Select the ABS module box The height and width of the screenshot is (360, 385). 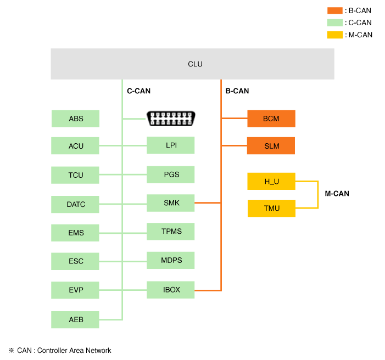[76, 119]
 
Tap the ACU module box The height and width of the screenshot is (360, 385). [76, 146]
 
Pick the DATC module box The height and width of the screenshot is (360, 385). [76, 204]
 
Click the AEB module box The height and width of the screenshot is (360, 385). [76, 319]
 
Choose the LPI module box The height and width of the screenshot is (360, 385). [171, 145]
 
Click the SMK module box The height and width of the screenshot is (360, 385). [171, 203]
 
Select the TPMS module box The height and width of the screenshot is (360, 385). [171, 232]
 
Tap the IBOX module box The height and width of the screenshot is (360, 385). [171, 289]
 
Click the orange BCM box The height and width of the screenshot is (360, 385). [271, 119]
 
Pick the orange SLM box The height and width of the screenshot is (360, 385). [271, 146]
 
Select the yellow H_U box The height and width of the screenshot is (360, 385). [271, 181]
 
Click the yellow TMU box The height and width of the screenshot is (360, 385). [271, 208]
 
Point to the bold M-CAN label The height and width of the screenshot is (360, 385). [337, 194]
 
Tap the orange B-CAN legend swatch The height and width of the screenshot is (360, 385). [334, 10]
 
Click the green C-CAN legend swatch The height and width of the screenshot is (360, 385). [334, 22]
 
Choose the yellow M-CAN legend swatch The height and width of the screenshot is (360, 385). [334, 35]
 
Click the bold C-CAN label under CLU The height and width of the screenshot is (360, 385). [138, 91]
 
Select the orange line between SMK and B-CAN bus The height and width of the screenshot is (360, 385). [208, 203]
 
